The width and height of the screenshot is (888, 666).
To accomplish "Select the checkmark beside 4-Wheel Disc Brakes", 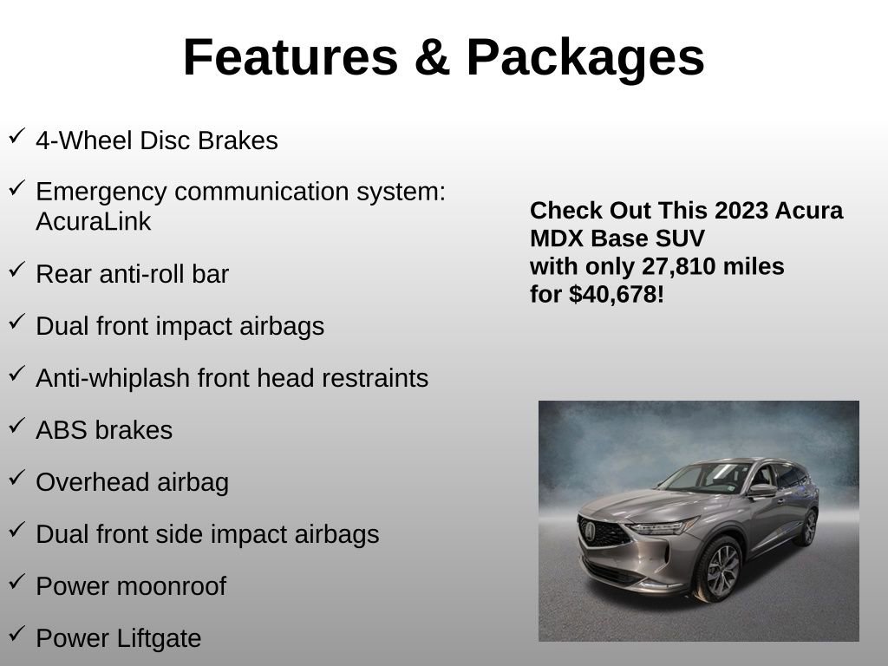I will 16,136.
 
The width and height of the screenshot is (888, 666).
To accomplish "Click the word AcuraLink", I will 94,222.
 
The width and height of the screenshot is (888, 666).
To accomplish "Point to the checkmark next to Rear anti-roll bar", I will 16,270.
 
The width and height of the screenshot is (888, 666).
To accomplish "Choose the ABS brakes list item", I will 104,430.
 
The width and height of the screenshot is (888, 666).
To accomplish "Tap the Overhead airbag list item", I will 132,482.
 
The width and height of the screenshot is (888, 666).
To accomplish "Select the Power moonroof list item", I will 131,586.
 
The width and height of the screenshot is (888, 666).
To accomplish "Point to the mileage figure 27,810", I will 678,266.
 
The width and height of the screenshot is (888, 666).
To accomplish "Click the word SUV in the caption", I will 681,238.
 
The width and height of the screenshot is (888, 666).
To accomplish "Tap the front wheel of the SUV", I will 719,568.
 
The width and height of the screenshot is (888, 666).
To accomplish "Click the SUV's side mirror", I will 761,490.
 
